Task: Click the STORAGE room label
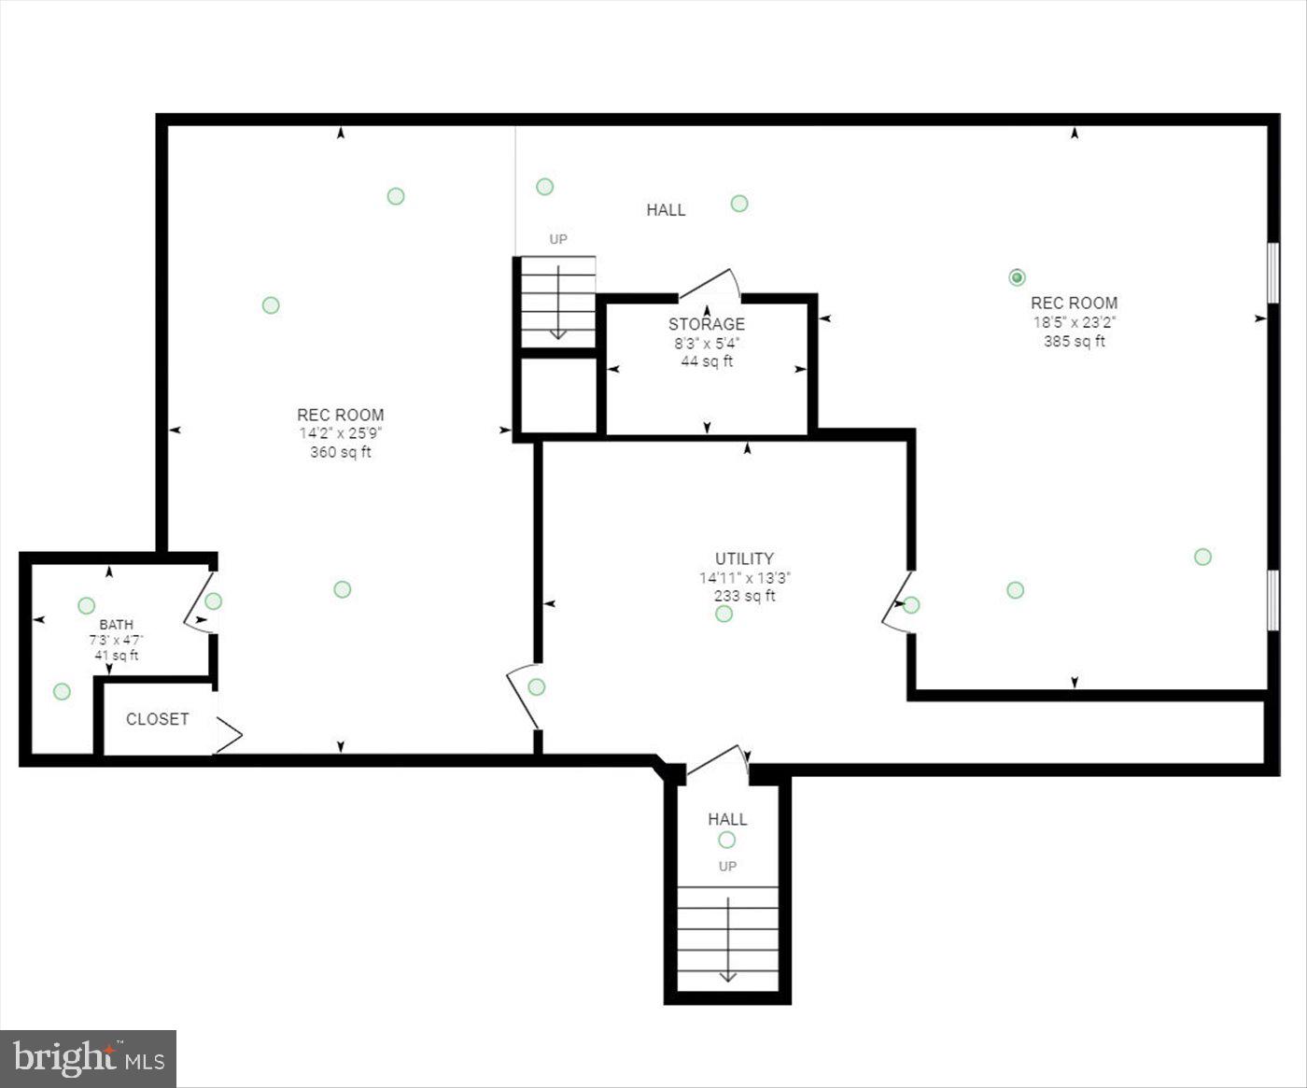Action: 706,324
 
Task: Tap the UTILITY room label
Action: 744,558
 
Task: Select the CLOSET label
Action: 157,719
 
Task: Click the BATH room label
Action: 117,624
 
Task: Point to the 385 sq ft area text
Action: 1074,342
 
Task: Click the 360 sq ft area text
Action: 340,453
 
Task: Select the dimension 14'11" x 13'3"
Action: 744,578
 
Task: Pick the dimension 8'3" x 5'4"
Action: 706,343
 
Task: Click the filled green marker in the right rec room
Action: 1018,277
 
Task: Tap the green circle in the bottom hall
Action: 726,840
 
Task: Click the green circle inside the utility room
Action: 724,614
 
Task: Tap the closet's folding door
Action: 228,735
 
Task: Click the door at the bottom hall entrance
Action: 717,760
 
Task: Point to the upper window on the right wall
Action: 1272,273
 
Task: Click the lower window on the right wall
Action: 1272,600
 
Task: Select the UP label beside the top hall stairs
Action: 558,239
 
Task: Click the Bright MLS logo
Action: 89,1058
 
